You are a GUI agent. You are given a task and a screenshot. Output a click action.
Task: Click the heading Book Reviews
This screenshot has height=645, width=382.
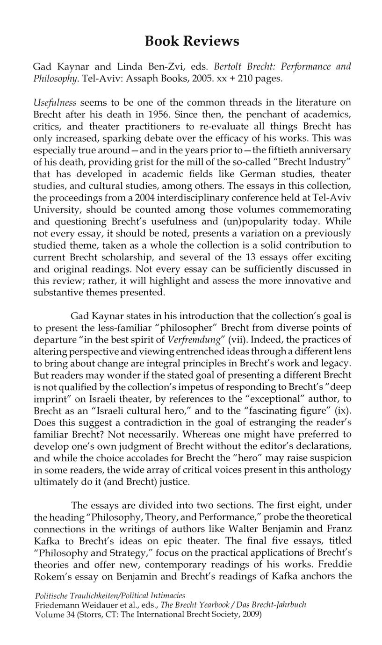coord(192,42)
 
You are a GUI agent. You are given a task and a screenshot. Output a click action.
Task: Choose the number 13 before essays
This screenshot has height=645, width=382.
coord(256,257)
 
